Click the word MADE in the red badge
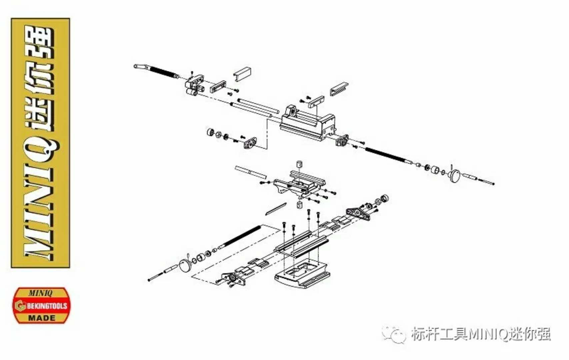(x=42, y=318)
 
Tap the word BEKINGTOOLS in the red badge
(x=47, y=306)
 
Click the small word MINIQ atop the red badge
(x=40, y=293)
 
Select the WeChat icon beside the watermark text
(x=394, y=334)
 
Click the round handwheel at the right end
(x=455, y=175)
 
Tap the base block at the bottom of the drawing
(x=302, y=275)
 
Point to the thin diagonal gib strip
(x=276, y=209)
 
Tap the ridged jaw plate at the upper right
(x=339, y=89)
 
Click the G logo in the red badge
(x=20, y=306)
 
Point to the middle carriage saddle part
(x=299, y=185)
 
